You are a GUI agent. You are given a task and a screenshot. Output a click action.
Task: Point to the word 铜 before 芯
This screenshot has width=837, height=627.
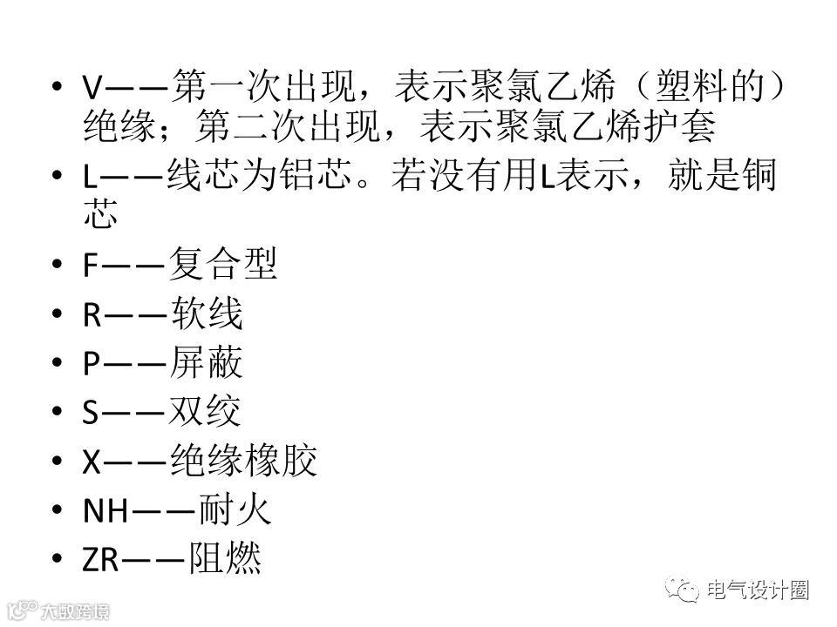point(756,176)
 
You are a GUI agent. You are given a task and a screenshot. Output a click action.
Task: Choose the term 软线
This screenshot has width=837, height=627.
point(206,314)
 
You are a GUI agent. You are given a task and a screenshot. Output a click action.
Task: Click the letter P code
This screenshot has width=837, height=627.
point(92,364)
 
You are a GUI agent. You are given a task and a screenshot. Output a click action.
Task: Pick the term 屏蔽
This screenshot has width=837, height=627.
point(206,363)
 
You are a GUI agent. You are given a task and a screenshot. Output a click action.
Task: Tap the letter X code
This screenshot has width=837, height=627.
point(92,462)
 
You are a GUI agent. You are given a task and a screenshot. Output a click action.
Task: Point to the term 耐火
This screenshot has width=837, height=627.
point(235,510)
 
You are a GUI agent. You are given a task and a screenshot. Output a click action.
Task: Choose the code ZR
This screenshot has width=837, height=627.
point(100,560)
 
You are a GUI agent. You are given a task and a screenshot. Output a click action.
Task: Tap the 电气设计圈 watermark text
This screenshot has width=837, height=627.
point(758,590)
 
